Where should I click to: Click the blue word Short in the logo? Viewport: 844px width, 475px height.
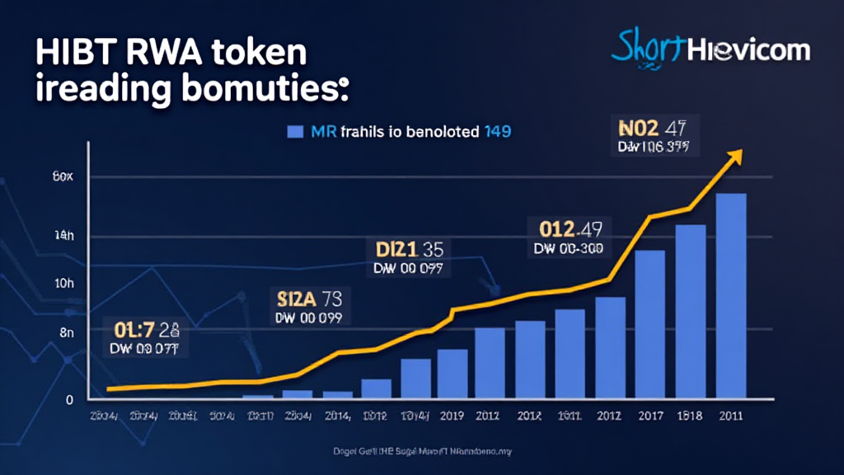point(649,49)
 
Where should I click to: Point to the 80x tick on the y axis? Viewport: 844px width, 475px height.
point(63,176)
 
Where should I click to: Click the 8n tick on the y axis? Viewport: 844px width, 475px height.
point(64,332)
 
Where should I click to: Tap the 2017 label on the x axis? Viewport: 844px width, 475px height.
point(649,416)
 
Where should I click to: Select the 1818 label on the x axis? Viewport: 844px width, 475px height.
point(690,416)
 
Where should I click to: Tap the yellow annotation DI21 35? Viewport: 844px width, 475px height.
point(410,249)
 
